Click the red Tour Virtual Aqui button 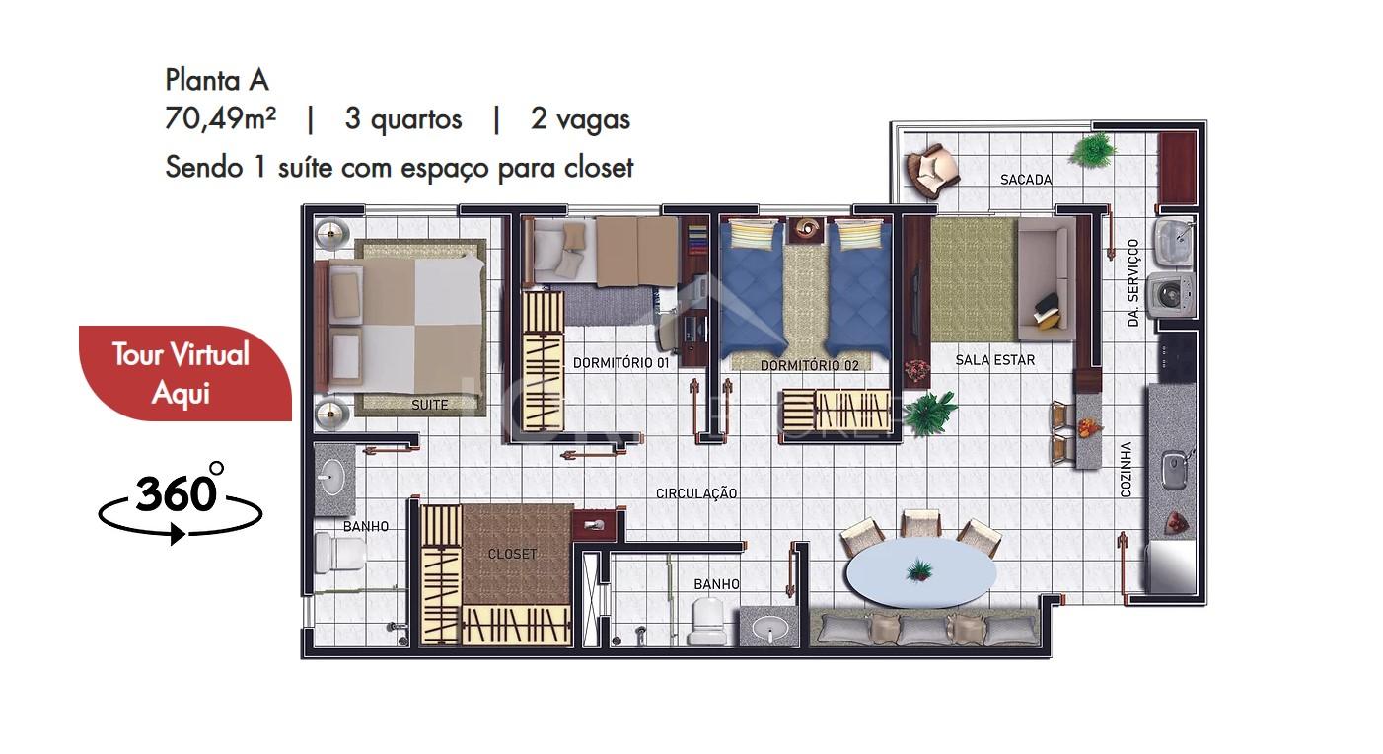(x=185, y=374)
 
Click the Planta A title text (x=217, y=80)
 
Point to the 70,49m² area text (x=220, y=119)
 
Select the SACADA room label (x=1026, y=180)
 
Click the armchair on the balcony (x=931, y=170)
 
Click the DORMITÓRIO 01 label (x=620, y=363)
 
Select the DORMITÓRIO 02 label (x=810, y=365)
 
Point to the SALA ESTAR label (x=994, y=360)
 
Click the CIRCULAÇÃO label (x=695, y=493)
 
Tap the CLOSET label (x=512, y=554)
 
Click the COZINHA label (x=1126, y=470)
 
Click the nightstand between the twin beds (x=807, y=231)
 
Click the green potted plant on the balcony (x=1093, y=150)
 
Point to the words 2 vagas (x=580, y=119)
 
